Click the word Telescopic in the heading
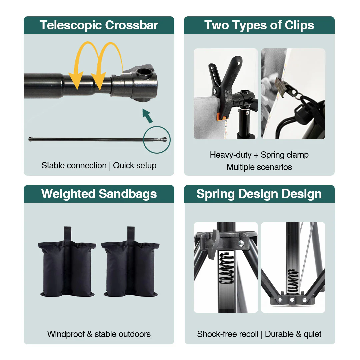click(70, 25)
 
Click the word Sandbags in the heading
click(128, 194)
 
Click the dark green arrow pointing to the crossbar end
click(147, 116)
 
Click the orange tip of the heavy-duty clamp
click(221, 116)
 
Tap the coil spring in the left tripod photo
click(226, 267)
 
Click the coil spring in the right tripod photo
click(293, 281)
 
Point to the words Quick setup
click(135, 166)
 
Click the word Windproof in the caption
click(66, 334)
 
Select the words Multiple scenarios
click(259, 167)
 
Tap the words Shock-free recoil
click(228, 334)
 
